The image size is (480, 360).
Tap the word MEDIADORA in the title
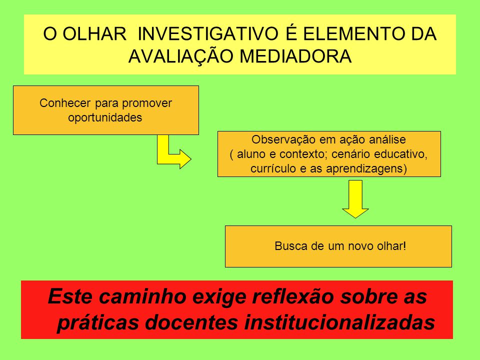(x=295, y=56)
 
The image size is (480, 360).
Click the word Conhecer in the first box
(x=65, y=103)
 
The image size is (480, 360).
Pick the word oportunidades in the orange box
(x=105, y=117)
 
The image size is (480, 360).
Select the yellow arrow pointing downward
(x=355, y=199)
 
